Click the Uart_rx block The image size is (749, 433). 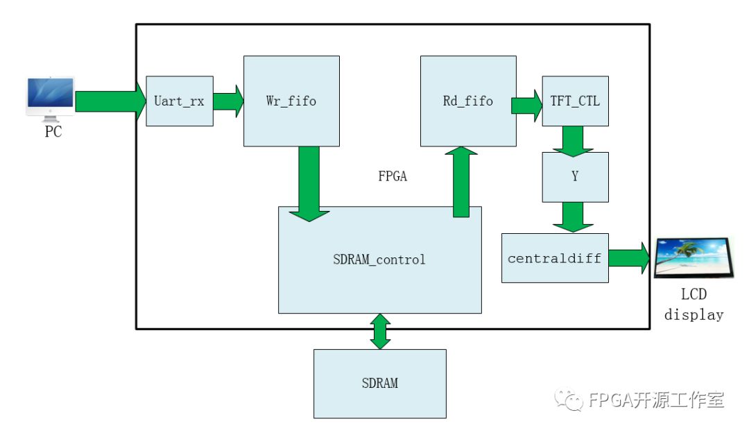click(179, 101)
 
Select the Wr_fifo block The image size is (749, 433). click(291, 101)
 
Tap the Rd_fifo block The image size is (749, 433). click(468, 101)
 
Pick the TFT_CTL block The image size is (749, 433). click(575, 101)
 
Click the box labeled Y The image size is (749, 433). click(575, 177)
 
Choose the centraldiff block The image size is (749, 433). click(555, 258)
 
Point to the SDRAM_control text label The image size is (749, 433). click(379, 260)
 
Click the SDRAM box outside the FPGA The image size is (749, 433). click(379, 383)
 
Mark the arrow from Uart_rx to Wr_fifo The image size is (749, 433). click(227, 101)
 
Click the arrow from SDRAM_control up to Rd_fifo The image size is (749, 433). click(461, 180)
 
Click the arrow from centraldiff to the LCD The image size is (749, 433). click(630, 258)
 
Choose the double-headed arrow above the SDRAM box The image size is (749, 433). click(380, 331)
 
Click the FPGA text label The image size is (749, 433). click(393, 177)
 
